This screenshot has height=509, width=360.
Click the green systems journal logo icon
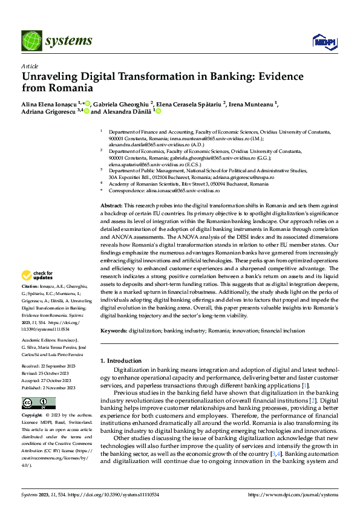point(31,40)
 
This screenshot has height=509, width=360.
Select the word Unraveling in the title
point(51,77)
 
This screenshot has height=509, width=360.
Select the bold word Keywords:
point(113,331)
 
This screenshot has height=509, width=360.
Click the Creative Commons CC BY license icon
point(39,403)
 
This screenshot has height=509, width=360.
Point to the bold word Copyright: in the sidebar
point(32,415)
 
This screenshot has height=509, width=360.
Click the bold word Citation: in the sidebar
point(30,285)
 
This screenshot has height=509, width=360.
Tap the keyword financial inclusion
point(283,331)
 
